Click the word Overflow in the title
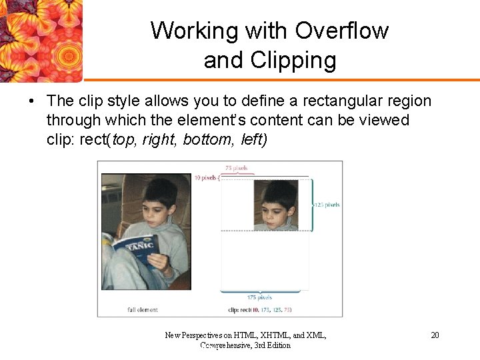pyautogui.click(x=342, y=31)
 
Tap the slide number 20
pyautogui.click(x=435, y=335)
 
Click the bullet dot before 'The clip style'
pyautogui.click(x=31, y=101)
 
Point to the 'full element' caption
pyautogui.click(x=143, y=310)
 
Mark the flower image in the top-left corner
pyautogui.click(x=41, y=40)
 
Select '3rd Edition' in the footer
pyautogui.click(x=273, y=345)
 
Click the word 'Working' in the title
pyautogui.click(x=185, y=31)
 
